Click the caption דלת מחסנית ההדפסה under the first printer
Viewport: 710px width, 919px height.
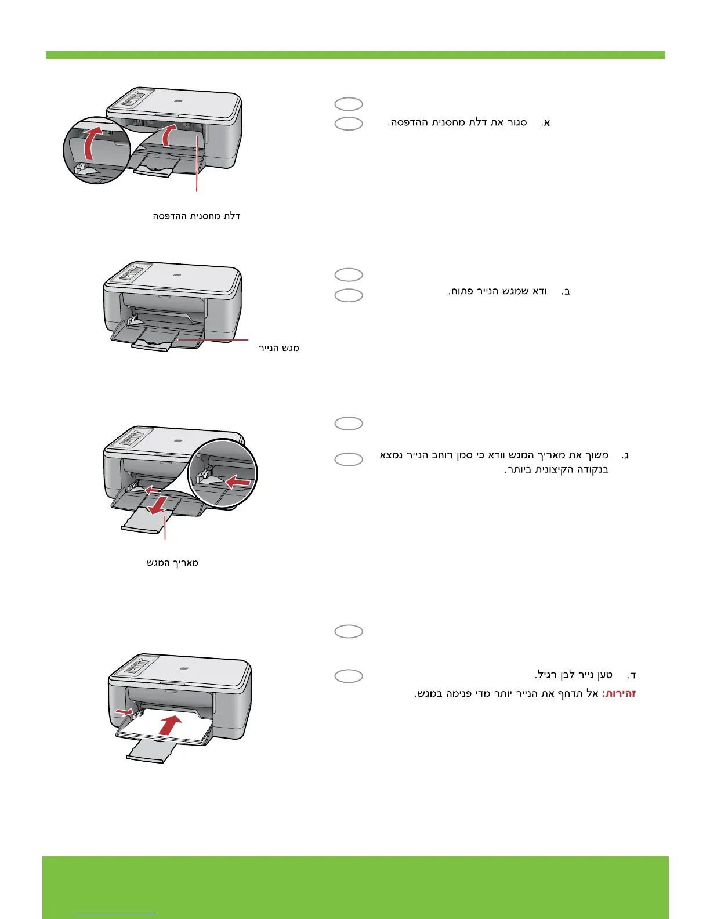coord(196,216)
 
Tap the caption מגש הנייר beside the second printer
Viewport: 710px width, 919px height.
coord(279,348)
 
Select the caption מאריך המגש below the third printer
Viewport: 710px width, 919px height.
coord(172,562)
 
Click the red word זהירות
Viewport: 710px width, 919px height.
coord(620,693)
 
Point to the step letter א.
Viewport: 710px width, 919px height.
coord(545,122)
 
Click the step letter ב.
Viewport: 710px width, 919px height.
coord(566,291)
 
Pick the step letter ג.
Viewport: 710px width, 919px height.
coord(625,455)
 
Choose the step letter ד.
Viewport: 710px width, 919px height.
coord(632,675)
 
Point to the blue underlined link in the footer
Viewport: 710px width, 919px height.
coord(115,914)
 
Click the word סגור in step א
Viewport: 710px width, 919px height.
coord(516,122)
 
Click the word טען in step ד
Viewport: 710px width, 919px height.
coord(605,675)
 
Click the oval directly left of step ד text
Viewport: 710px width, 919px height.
coord(349,676)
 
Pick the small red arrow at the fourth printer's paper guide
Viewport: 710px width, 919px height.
coord(124,711)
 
